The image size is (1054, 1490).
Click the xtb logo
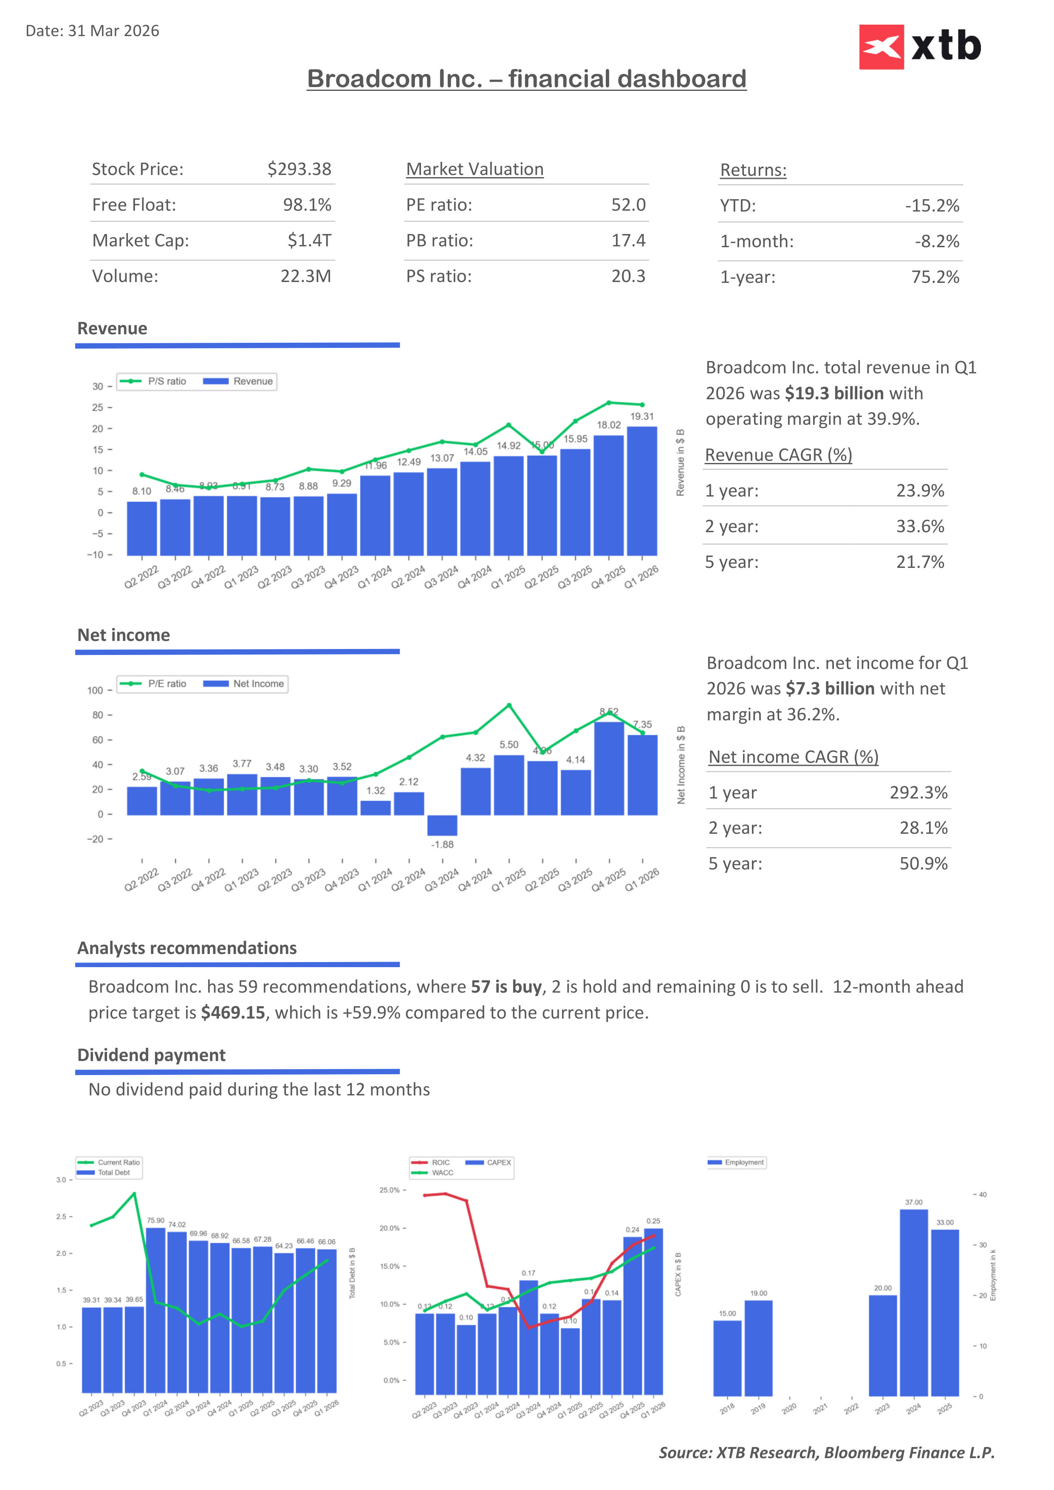click(920, 47)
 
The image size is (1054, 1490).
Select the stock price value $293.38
click(299, 169)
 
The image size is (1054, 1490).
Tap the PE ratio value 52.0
click(627, 205)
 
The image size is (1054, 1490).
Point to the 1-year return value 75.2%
click(935, 277)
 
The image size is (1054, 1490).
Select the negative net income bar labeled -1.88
click(442, 825)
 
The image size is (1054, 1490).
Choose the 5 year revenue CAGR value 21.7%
click(920, 562)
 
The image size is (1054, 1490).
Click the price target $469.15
click(233, 1013)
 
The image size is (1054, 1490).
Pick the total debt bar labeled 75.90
click(156, 1309)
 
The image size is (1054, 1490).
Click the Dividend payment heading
click(151, 1055)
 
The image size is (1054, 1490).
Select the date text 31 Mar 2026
click(113, 31)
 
